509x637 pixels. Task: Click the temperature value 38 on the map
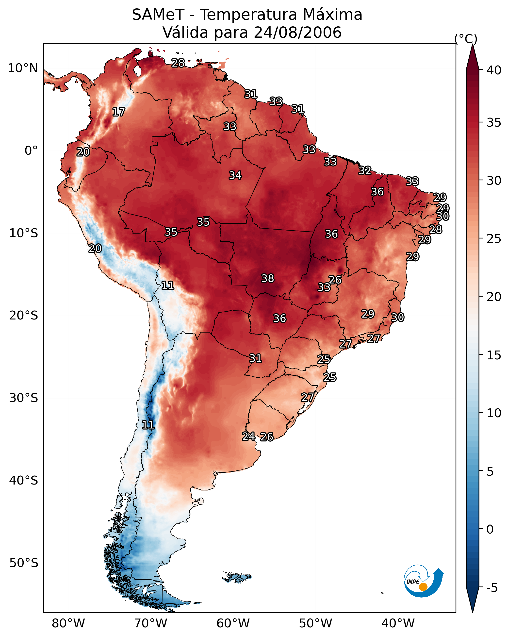pyautogui.click(x=268, y=278)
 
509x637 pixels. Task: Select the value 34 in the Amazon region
pyautogui.click(x=235, y=175)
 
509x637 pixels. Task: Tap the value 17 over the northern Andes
pyautogui.click(x=119, y=112)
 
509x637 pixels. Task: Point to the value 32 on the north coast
pyautogui.click(x=365, y=170)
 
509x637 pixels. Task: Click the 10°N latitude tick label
pyautogui.click(x=23, y=68)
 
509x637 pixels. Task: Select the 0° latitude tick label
pyautogui.click(x=31, y=151)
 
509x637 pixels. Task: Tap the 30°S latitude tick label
pyautogui.click(x=24, y=398)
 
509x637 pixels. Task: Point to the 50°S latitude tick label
pyautogui.click(x=24, y=563)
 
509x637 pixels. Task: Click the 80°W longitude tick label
pyautogui.click(x=68, y=623)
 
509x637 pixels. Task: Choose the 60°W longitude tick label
pyautogui.click(x=233, y=623)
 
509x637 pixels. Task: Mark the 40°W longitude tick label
pyautogui.click(x=398, y=623)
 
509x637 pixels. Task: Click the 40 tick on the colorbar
pyautogui.click(x=494, y=70)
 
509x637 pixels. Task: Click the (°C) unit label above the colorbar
pyautogui.click(x=466, y=39)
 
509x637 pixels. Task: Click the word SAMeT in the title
pyautogui.click(x=158, y=15)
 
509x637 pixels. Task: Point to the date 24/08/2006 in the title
pyautogui.click(x=297, y=32)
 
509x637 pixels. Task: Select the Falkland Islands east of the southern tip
pyautogui.click(x=237, y=576)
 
